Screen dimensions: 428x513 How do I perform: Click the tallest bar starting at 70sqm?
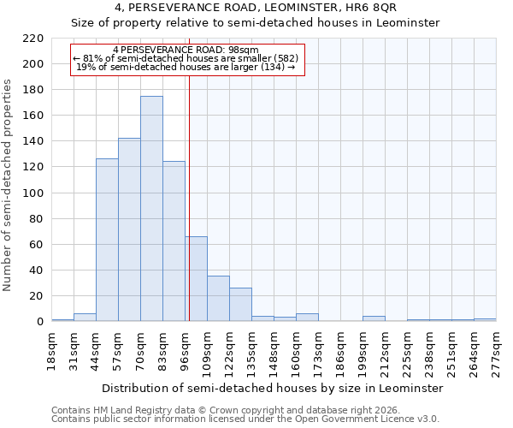coord(151,209)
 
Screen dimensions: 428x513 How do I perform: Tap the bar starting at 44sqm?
coord(107,240)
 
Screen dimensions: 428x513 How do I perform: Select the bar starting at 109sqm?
coord(218,299)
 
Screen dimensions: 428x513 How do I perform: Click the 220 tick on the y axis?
coord(33,39)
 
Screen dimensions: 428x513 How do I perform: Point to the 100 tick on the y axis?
coord(33,193)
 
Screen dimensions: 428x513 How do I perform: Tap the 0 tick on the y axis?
coord(40,322)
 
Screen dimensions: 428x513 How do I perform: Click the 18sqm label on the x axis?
coord(51,349)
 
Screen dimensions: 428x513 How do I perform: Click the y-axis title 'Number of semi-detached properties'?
coord(8,185)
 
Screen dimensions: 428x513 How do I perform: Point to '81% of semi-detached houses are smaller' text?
coord(186,58)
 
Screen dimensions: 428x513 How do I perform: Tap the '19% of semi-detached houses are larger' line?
coord(186,67)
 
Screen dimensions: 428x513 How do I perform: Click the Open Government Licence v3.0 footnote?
coord(245,419)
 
